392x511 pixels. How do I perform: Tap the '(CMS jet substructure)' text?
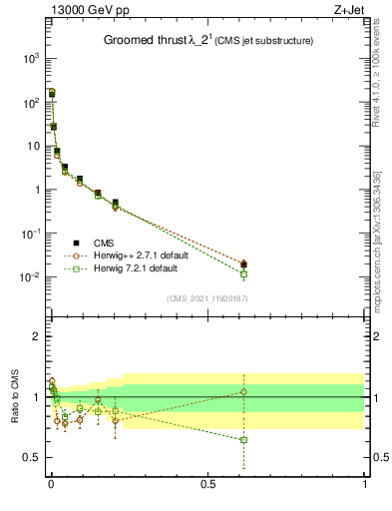point(265,41)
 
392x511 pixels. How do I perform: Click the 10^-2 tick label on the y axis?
point(29,277)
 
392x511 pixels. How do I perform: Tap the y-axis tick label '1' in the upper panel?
point(36,190)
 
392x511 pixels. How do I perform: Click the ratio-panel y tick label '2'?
point(36,336)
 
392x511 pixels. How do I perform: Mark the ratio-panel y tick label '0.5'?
point(31,457)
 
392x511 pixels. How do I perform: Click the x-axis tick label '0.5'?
point(207,484)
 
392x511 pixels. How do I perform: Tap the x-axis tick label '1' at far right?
point(365,484)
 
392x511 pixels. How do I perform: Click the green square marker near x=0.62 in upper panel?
point(243,273)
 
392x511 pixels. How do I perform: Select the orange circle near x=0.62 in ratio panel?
point(243,391)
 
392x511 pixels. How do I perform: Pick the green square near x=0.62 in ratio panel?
point(243,440)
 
